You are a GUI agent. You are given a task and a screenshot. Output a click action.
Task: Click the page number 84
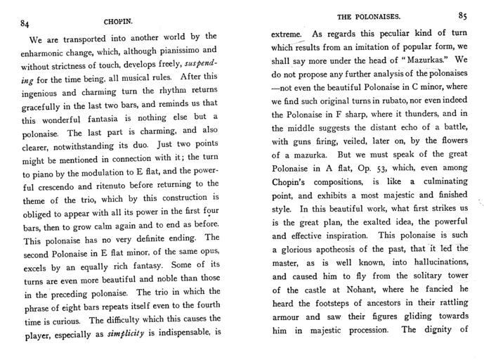point(25,22)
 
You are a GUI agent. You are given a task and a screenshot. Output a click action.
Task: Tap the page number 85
point(462,15)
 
